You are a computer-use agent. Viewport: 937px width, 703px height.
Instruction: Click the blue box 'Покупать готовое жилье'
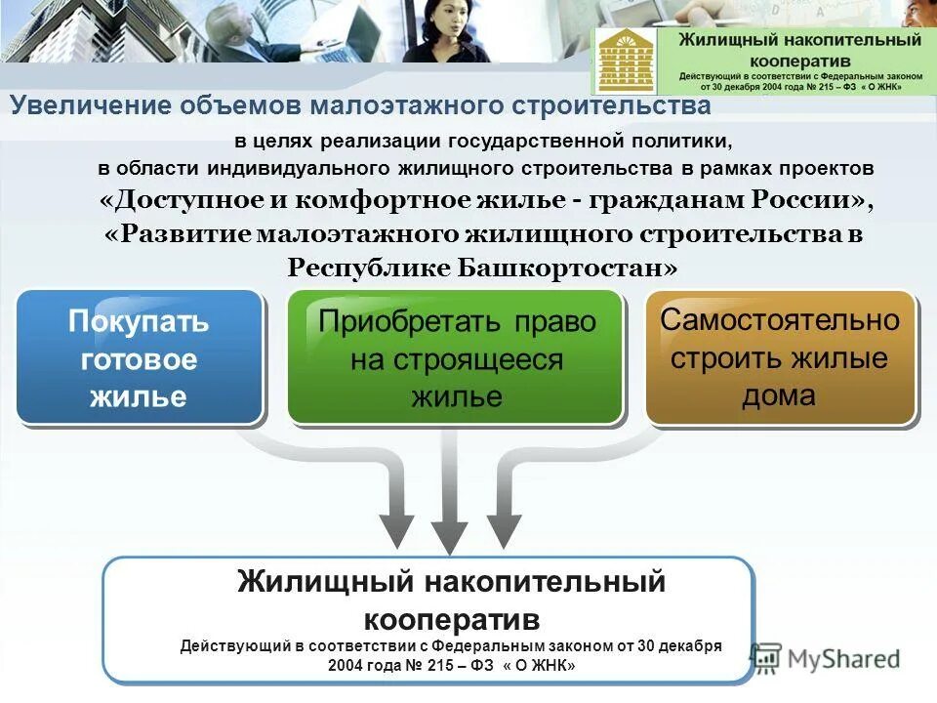(139, 357)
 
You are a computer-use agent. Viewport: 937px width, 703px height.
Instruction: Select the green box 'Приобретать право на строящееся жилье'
(456, 357)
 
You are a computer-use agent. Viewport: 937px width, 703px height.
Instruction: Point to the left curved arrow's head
(396, 528)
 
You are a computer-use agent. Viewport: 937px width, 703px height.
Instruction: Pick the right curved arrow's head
(504, 528)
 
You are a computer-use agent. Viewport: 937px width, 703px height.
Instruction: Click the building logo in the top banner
(628, 61)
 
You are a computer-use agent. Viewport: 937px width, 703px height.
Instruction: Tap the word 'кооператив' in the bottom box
(452, 619)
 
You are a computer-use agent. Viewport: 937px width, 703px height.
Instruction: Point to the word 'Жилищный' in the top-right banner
(721, 40)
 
